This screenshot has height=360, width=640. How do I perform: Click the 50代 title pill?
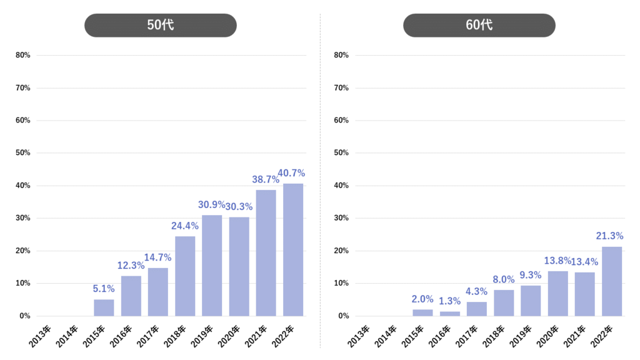click(x=161, y=26)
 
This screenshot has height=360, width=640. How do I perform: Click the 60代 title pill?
click(x=479, y=26)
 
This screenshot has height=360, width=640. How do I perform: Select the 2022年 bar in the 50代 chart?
click(x=293, y=249)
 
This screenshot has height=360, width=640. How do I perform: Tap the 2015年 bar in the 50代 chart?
click(x=104, y=307)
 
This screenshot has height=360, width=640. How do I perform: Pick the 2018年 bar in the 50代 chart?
click(x=185, y=276)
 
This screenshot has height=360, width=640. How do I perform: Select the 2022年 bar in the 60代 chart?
click(x=612, y=281)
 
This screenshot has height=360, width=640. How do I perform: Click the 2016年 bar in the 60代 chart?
click(x=450, y=313)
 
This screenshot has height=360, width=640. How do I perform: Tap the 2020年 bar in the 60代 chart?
click(x=558, y=293)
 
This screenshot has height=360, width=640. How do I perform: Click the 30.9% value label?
click(x=212, y=204)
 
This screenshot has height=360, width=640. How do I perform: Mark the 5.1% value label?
click(x=104, y=289)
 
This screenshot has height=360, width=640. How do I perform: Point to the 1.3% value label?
click(x=450, y=301)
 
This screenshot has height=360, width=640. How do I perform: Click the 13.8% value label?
click(x=557, y=261)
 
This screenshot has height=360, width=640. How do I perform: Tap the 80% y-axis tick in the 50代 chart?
click(x=23, y=56)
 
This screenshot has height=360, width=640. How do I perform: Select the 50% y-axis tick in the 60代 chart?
click(x=342, y=153)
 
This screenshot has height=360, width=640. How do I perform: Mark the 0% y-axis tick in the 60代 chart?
click(x=344, y=316)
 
